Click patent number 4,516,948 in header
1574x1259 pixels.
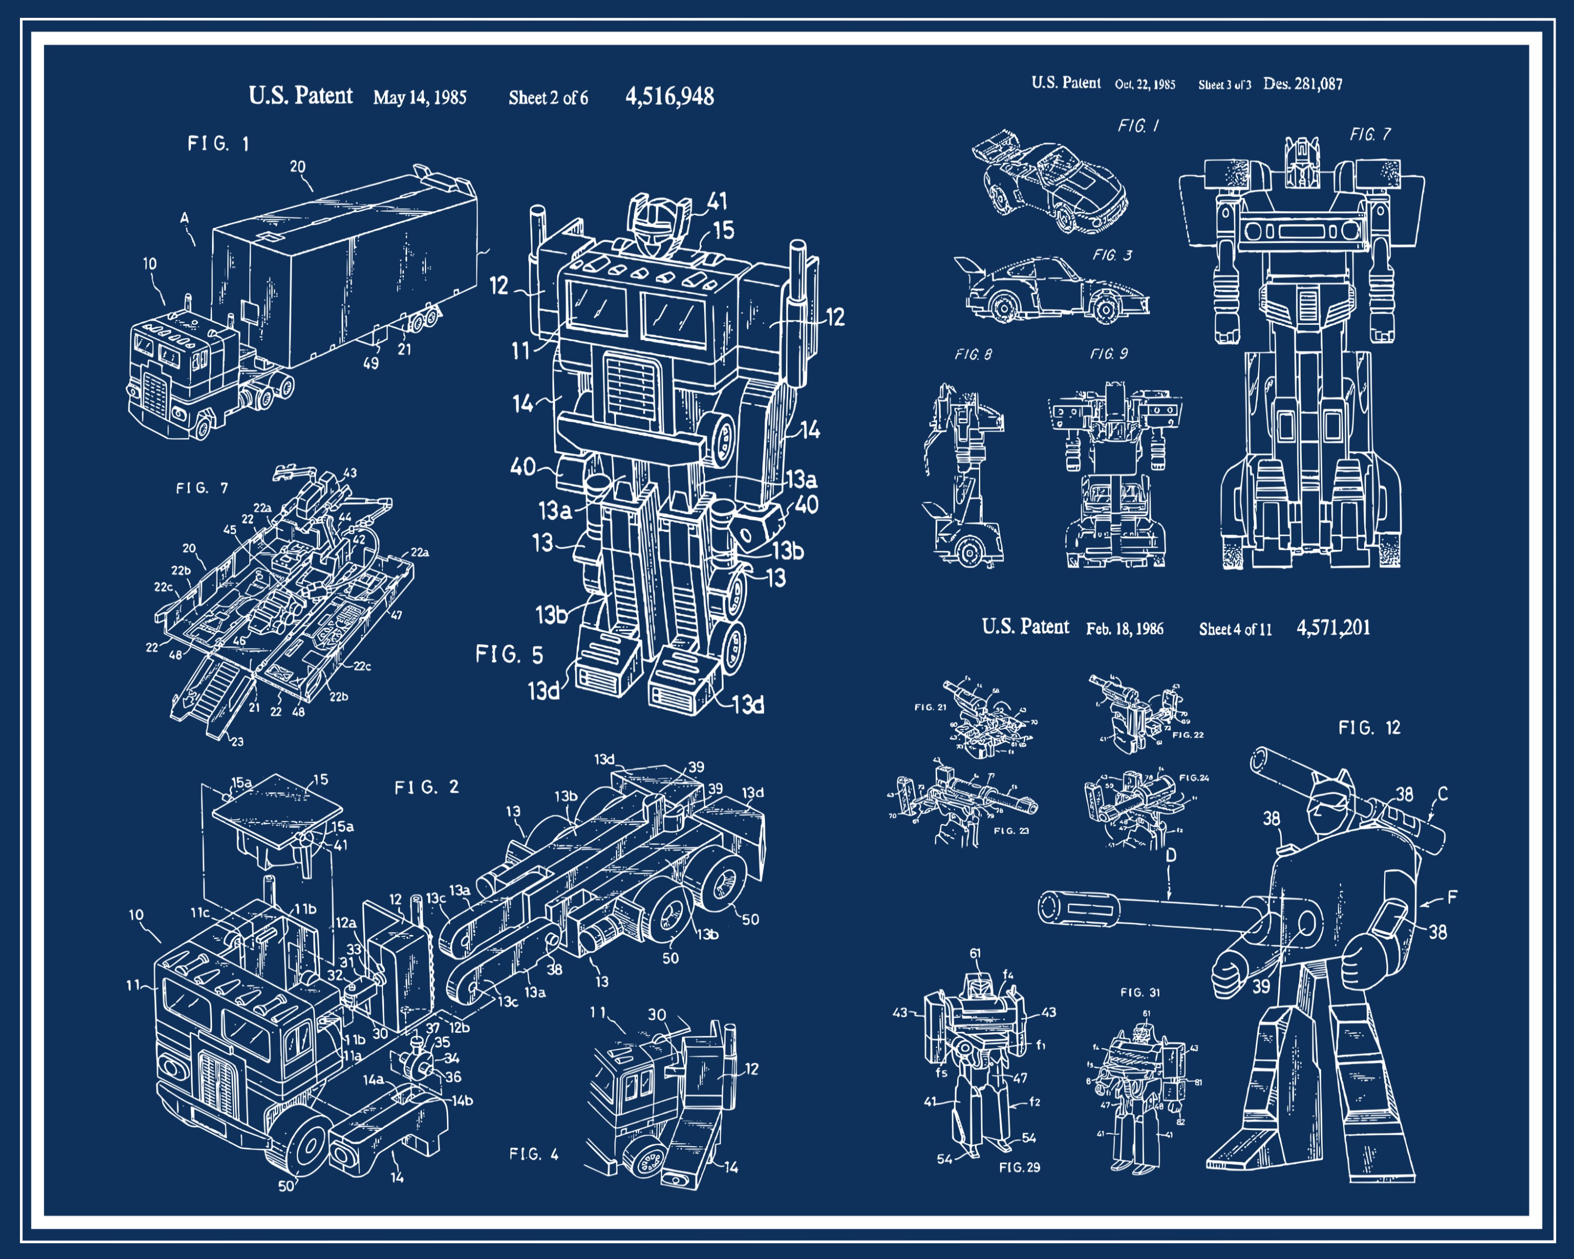(669, 97)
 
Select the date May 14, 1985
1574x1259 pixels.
(420, 98)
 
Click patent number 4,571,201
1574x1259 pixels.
(1333, 628)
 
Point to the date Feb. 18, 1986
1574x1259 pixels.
(1124, 629)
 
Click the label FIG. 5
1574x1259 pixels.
(509, 655)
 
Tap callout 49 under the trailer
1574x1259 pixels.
(371, 362)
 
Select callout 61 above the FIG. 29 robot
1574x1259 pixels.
(975, 953)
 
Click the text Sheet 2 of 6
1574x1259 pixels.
(548, 98)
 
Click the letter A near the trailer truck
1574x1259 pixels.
(185, 218)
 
